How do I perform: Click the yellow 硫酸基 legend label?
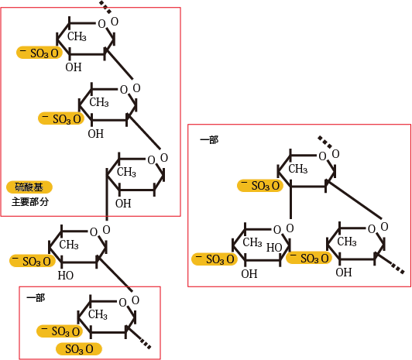29,187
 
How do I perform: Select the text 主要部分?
30,202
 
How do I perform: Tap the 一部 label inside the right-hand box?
209,139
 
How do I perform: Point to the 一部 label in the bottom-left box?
36,298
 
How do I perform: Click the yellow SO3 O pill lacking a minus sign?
79,349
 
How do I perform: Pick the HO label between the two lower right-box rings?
274,247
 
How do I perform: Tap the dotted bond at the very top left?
105,7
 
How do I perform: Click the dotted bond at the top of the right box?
325,142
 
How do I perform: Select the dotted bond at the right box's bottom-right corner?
397,269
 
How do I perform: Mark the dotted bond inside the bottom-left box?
146,344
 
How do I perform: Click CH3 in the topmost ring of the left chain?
77,36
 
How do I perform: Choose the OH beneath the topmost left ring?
74,67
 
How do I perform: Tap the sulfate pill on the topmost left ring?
39,53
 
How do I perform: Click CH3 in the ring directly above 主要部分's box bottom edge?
126,172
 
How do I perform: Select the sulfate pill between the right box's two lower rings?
309,258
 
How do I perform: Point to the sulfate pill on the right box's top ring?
260,185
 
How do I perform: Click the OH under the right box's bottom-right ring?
343,273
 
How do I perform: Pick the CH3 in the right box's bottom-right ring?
347,242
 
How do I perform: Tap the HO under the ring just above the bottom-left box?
65,276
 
